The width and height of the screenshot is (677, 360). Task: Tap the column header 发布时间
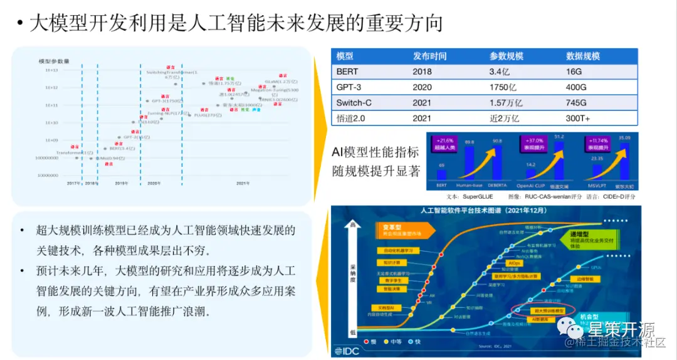coord(429,56)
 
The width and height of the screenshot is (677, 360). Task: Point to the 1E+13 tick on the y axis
coord(51,70)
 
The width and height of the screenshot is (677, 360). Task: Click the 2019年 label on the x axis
coord(122,183)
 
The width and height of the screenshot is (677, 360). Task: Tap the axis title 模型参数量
coord(54,61)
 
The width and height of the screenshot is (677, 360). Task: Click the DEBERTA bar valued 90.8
coord(497,163)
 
